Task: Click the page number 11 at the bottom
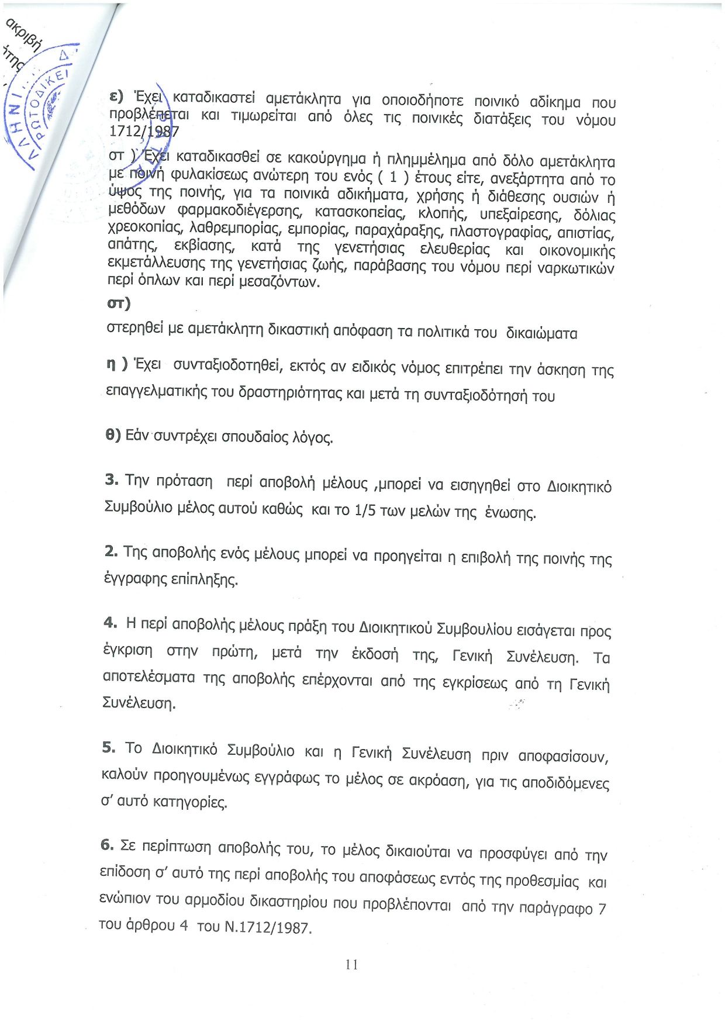pos(351,964)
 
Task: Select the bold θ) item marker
pos(113,435)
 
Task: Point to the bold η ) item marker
pos(116,364)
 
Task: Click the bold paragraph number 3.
pos(112,479)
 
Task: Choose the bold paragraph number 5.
pos(109,747)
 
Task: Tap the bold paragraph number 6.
pos(107,844)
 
